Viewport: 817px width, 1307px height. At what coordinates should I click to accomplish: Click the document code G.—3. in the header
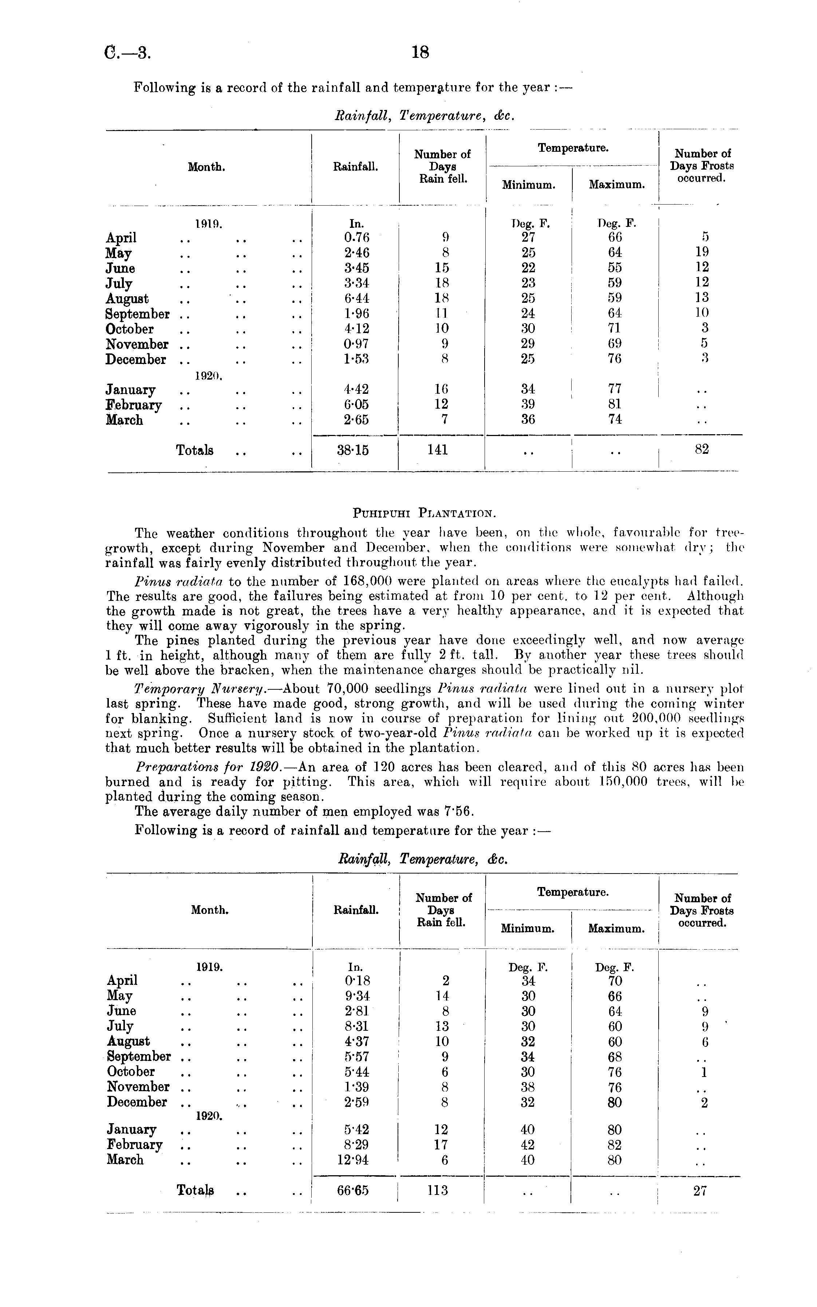click(x=127, y=53)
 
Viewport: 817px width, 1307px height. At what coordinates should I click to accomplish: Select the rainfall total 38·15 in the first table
click(x=353, y=449)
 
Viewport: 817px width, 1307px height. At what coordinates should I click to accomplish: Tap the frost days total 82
click(x=701, y=449)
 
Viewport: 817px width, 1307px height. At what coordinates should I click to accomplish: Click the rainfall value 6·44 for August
click(x=356, y=298)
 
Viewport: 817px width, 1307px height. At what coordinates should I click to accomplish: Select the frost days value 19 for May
click(x=702, y=252)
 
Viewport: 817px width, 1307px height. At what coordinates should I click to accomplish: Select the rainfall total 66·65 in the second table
click(x=352, y=1190)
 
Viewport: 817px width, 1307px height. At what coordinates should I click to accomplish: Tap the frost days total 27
click(x=700, y=1190)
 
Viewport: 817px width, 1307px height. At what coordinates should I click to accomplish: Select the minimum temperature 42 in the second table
click(x=528, y=1144)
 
